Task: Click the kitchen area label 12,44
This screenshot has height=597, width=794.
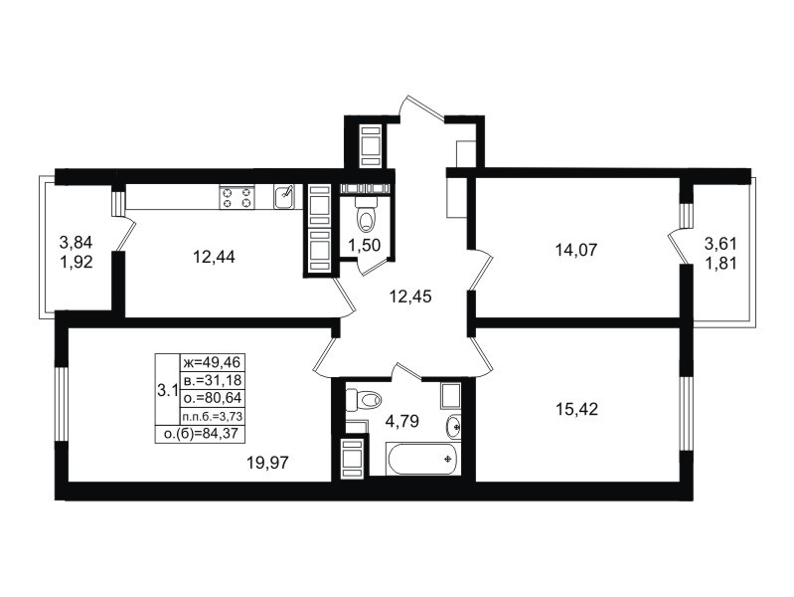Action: pyautogui.click(x=214, y=257)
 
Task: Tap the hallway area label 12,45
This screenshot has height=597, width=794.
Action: pyautogui.click(x=410, y=297)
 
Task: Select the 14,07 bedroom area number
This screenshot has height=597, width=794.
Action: pyautogui.click(x=576, y=250)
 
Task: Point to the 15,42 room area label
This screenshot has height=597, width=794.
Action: pyautogui.click(x=576, y=409)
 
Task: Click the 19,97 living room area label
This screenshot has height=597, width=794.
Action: pyautogui.click(x=267, y=462)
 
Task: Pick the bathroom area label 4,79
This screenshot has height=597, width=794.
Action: pyautogui.click(x=402, y=421)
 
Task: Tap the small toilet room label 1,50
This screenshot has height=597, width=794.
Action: pyautogui.click(x=364, y=246)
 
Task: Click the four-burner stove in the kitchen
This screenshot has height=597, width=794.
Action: pyautogui.click(x=237, y=197)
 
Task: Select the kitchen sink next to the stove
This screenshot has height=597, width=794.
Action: pyautogui.click(x=283, y=197)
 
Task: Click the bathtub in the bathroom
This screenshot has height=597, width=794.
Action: pyautogui.click(x=422, y=459)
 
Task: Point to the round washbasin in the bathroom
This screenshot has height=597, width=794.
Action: pyautogui.click(x=454, y=427)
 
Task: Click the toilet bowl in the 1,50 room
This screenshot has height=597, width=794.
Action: pyautogui.click(x=366, y=217)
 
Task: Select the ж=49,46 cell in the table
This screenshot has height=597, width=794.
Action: pyautogui.click(x=213, y=362)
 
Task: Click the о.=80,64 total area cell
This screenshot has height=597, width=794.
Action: pyautogui.click(x=213, y=398)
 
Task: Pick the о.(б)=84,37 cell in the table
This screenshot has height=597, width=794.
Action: pyautogui.click(x=200, y=434)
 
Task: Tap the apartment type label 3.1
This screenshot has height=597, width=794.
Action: pyautogui.click(x=167, y=391)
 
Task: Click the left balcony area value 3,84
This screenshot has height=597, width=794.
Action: pyautogui.click(x=76, y=242)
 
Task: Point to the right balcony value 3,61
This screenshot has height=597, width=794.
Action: pyautogui.click(x=720, y=244)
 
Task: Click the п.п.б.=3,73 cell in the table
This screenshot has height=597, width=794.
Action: pyautogui.click(x=213, y=416)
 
